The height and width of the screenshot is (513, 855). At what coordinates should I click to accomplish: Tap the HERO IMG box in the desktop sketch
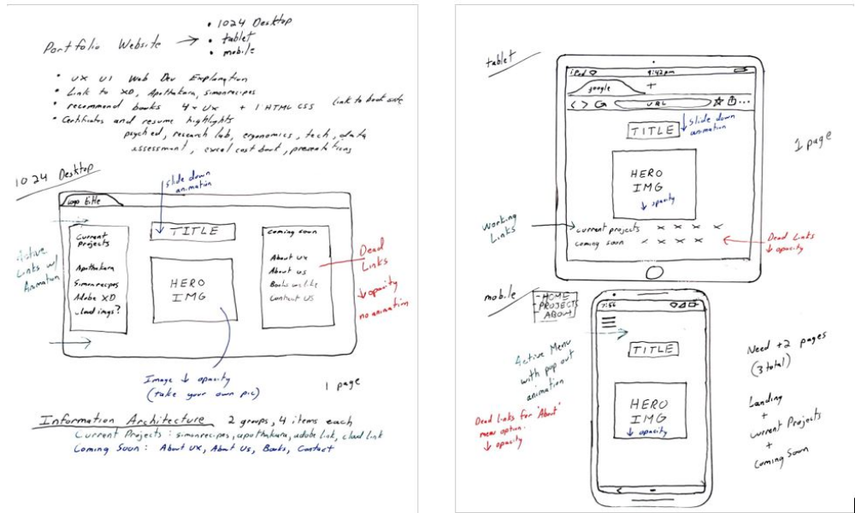[x=192, y=290]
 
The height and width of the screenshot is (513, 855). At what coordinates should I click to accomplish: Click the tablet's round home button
[x=654, y=272]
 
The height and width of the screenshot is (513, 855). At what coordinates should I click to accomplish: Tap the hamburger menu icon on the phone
[x=608, y=322]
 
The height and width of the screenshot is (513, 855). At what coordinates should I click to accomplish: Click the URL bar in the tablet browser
[x=658, y=104]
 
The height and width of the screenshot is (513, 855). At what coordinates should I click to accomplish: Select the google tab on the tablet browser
[x=604, y=87]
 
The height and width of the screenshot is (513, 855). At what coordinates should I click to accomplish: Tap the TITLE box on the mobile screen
[x=652, y=349]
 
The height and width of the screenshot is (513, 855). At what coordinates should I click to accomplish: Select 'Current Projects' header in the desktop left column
[x=92, y=240]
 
